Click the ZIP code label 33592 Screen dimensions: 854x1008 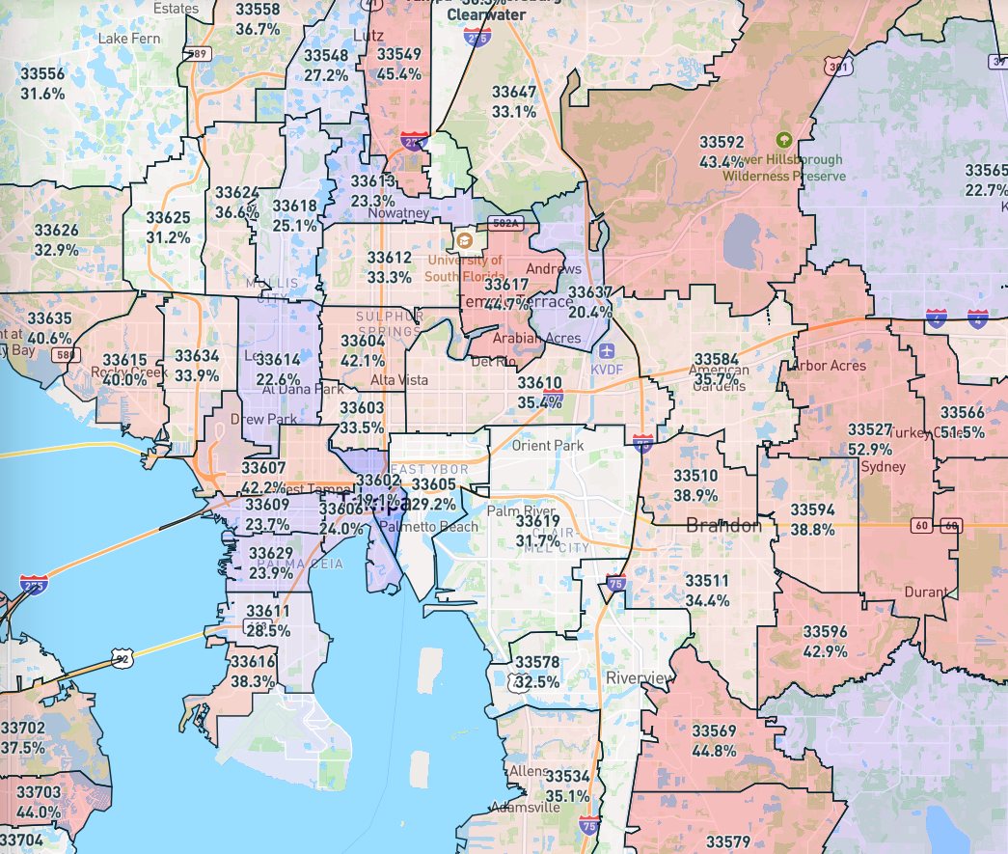pos(722,142)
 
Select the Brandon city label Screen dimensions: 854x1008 pos(723,526)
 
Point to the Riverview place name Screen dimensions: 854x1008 pos(640,678)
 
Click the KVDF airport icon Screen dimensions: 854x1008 pos(605,349)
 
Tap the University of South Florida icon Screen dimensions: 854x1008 pos(464,240)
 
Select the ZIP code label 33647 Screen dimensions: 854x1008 pos(514,92)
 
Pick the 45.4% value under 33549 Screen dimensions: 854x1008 pos(398,73)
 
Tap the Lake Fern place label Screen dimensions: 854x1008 pos(129,39)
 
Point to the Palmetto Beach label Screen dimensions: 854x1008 pos(428,527)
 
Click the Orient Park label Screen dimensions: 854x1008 pos(547,445)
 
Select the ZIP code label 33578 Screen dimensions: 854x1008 pos(536,662)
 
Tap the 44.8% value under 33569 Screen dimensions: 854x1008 pos(714,750)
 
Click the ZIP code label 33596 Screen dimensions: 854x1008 pos(825,632)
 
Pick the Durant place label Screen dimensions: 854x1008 pos(925,592)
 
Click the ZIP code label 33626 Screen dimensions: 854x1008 pos(56,230)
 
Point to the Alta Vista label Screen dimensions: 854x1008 pos(399,381)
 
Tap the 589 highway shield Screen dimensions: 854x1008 pos(200,54)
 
